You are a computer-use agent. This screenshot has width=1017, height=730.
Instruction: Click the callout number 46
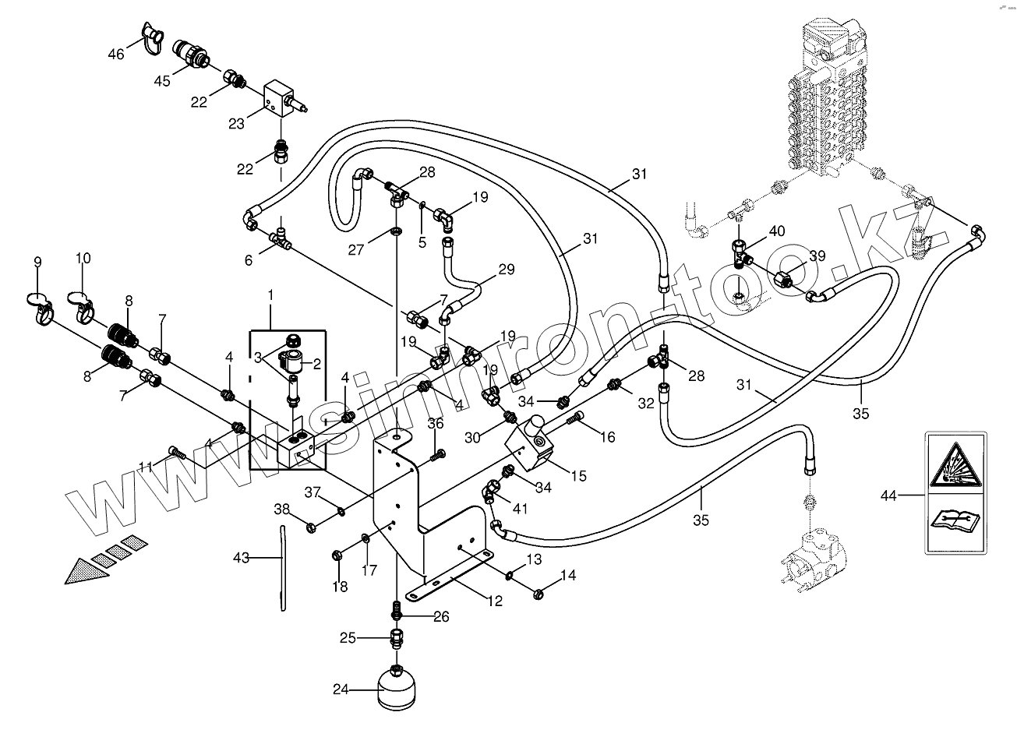116,54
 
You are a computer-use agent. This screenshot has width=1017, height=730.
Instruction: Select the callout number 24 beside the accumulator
341,689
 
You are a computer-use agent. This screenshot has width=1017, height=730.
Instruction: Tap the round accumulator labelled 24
397,688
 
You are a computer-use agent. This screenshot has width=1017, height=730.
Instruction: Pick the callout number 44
890,495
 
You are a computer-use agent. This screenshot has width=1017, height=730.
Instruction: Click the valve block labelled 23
278,100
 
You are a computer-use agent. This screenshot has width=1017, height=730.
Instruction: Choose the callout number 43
242,558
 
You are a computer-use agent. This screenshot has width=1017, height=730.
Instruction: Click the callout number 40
777,231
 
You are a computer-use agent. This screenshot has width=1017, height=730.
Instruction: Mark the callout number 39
816,257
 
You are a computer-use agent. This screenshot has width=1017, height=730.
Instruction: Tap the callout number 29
507,270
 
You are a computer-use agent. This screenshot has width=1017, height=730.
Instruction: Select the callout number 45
161,80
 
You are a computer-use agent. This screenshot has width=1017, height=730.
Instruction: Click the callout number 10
83,258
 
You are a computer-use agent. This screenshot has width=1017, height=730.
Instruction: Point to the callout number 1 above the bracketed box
270,295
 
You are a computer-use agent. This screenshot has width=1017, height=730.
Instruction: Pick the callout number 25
348,638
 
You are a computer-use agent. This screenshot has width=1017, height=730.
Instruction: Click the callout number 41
521,508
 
